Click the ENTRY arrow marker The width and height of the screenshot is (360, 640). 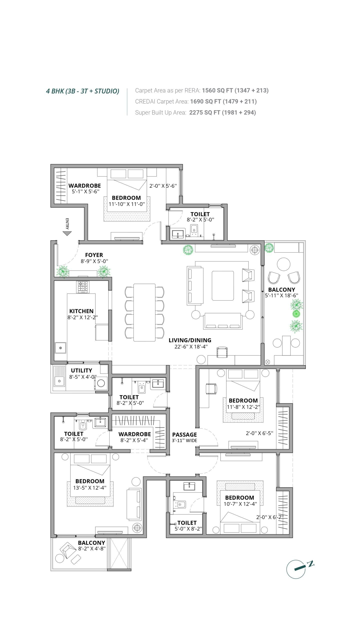(67, 233)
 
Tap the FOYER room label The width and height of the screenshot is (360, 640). (94, 255)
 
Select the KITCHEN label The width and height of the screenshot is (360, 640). (81, 311)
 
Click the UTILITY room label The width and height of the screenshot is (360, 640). (81, 370)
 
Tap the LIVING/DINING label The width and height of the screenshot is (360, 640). (190, 340)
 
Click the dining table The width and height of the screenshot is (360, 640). (144, 312)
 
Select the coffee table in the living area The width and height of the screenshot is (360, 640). (223, 286)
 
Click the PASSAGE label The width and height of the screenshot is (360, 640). (184, 435)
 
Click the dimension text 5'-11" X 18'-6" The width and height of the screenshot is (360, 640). (281, 295)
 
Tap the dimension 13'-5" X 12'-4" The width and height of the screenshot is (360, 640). (90, 487)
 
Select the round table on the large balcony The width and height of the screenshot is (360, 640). (283, 264)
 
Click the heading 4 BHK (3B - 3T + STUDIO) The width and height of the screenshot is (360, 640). (82, 91)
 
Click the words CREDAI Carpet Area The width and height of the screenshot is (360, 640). (162, 101)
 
